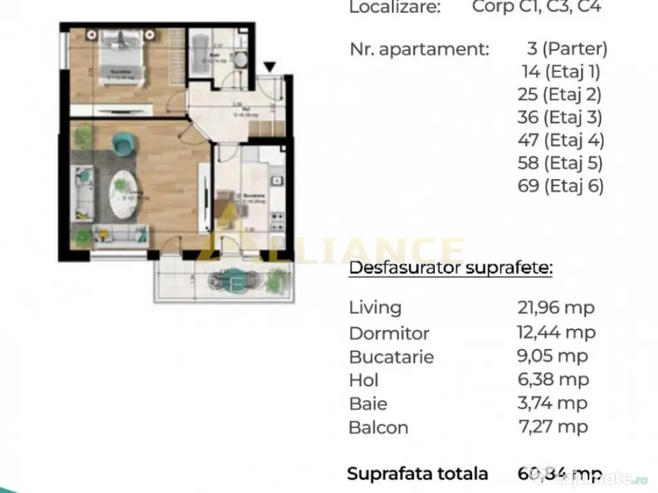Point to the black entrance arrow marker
(x=270, y=67)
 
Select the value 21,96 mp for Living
(x=556, y=308)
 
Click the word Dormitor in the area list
(x=389, y=333)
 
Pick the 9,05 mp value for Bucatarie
(x=553, y=356)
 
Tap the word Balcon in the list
(x=378, y=428)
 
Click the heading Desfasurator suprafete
(x=450, y=268)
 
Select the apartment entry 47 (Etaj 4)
(x=561, y=140)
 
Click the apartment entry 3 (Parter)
(x=566, y=49)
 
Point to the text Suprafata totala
(x=418, y=474)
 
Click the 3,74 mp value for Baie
(x=553, y=403)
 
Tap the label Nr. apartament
(x=420, y=49)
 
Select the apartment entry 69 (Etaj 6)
(x=561, y=186)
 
